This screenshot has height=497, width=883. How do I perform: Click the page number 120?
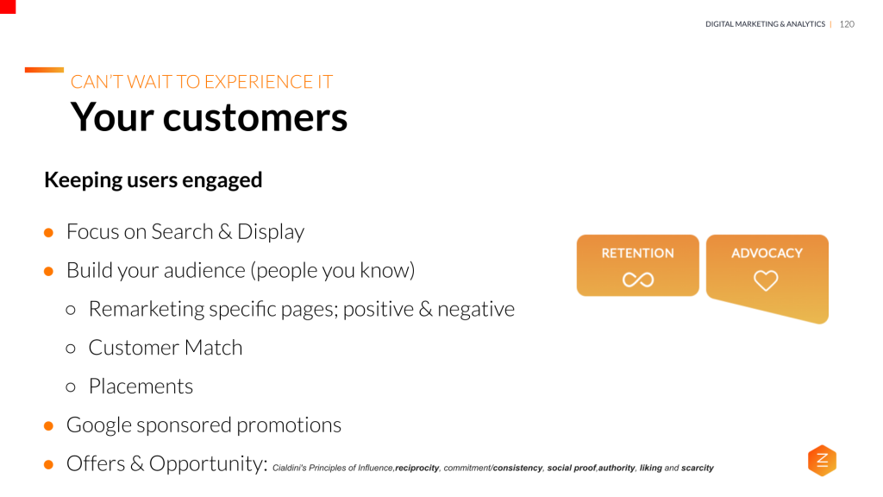tap(846, 24)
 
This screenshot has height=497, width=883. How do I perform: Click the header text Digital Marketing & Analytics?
tap(765, 24)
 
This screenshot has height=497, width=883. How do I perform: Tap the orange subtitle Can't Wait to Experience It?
tap(201, 82)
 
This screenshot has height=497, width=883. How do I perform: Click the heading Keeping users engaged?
tap(153, 179)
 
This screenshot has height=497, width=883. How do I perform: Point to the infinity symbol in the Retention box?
tap(638, 280)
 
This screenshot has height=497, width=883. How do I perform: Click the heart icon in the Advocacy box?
tap(766, 280)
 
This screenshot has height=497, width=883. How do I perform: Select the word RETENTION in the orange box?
tap(638, 254)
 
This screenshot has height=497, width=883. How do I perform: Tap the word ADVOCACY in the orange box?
tap(767, 254)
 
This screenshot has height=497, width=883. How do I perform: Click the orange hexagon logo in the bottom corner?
tap(822, 461)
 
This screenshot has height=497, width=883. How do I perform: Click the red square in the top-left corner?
tap(8, 6)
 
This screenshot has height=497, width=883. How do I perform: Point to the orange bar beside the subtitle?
tap(44, 70)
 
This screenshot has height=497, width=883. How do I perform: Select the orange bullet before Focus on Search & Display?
tap(49, 232)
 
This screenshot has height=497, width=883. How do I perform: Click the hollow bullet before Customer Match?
tap(72, 348)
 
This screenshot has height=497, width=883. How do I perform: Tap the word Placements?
tap(141, 386)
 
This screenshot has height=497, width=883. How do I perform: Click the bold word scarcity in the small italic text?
tap(698, 469)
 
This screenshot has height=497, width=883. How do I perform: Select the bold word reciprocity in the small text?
tap(417, 469)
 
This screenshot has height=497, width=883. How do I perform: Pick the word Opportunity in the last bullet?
tap(207, 463)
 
